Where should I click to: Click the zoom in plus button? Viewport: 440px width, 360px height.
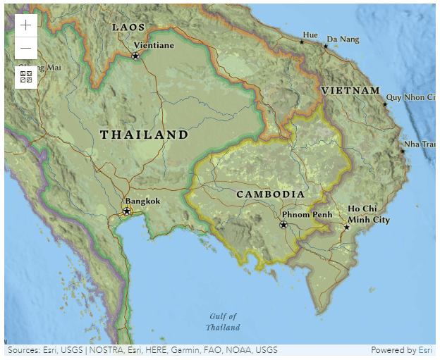point(26,25)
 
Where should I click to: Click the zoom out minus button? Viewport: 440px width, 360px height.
point(26,48)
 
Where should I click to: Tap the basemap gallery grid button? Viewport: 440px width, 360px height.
point(26,77)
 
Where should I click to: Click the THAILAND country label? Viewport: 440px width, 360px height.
point(144,135)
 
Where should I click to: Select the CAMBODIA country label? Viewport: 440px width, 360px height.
point(270,194)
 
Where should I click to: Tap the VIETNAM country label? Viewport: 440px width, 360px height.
point(350,91)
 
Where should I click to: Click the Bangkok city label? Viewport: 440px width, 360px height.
point(142,201)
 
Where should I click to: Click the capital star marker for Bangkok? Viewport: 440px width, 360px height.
point(127,211)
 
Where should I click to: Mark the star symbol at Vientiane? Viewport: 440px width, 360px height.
point(135,56)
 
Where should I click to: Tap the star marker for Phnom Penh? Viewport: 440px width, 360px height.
point(283,225)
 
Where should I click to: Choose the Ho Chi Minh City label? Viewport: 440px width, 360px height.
point(368,214)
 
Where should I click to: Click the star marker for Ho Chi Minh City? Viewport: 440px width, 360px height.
point(346,227)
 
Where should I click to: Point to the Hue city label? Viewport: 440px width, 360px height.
point(310,35)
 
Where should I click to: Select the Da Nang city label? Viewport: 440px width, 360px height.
point(343,39)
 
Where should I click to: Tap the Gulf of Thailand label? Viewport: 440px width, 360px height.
point(223,322)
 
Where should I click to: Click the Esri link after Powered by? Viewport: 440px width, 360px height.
point(425,350)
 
